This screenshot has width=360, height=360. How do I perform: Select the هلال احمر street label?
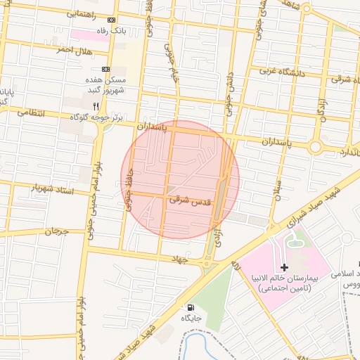point(73,50)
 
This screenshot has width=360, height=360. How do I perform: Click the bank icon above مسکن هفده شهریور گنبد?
point(106,69)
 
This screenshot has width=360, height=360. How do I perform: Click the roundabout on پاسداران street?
point(315,147)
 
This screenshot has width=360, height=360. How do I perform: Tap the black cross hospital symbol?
point(284,267)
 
